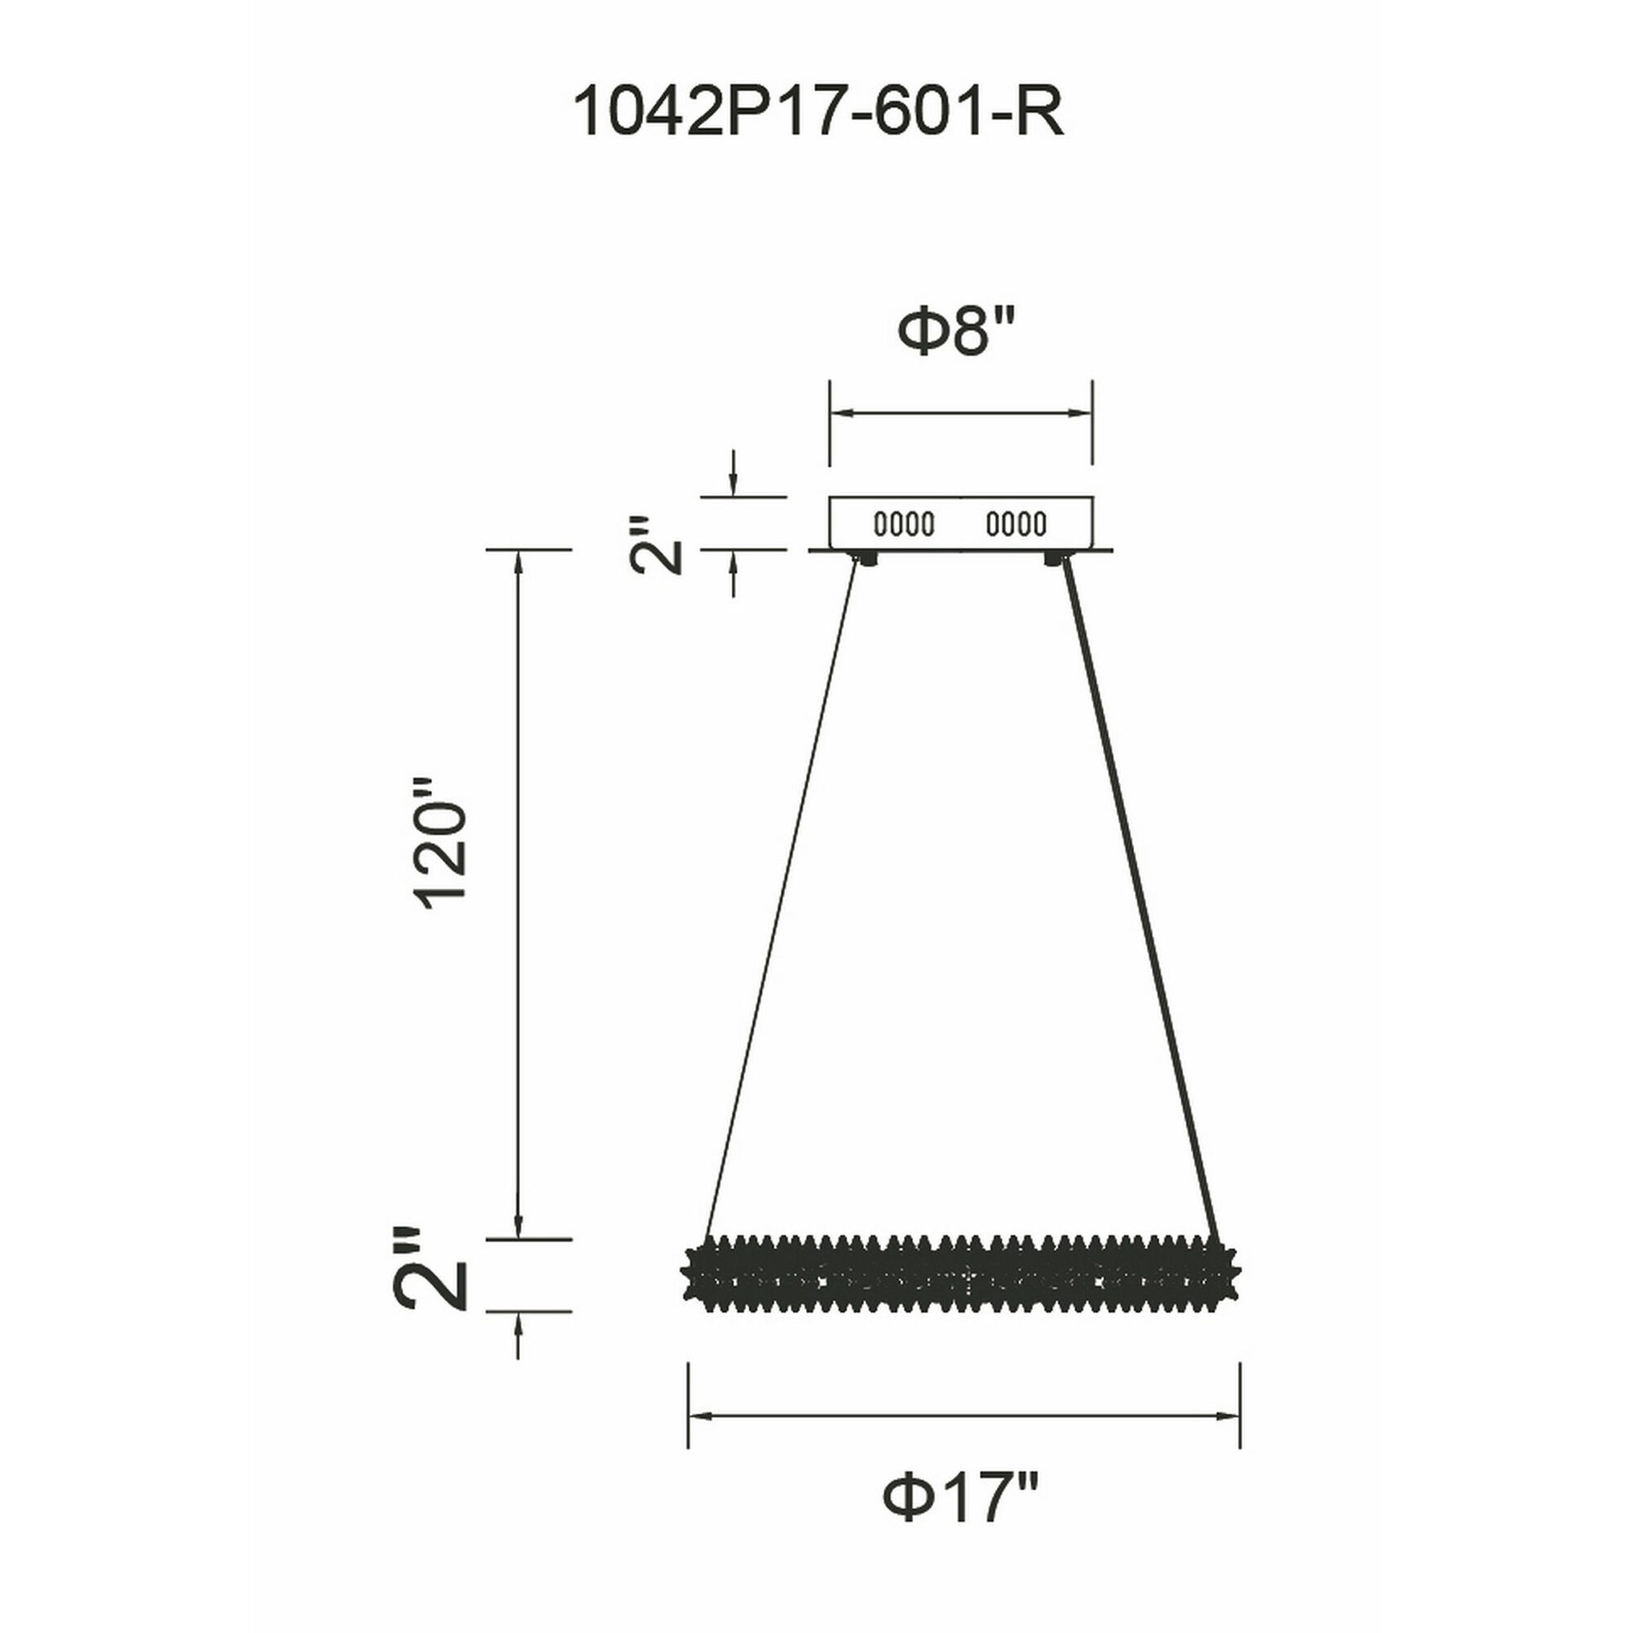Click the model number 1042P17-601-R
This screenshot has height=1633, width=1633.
(x=817, y=113)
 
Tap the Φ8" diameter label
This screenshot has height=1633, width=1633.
(x=954, y=331)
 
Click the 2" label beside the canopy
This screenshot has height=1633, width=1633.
(x=656, y=546)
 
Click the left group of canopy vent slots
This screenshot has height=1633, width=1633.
(x=904, y=524)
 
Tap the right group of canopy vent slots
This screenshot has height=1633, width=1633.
(x=1016, y=524)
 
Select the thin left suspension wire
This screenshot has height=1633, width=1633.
(x=781, y=896)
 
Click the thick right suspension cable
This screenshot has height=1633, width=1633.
(x=1141, y=896)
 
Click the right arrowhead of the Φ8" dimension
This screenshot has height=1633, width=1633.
(x=1081, y=413)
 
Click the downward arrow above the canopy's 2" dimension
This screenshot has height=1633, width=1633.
(x=734, y=484)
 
